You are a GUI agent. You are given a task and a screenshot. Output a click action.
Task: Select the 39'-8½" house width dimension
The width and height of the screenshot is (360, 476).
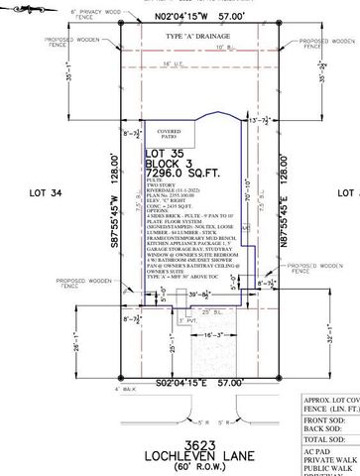click(199, 296)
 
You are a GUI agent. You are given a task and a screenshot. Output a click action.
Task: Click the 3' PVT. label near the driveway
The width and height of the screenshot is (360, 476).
click(180, 321)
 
